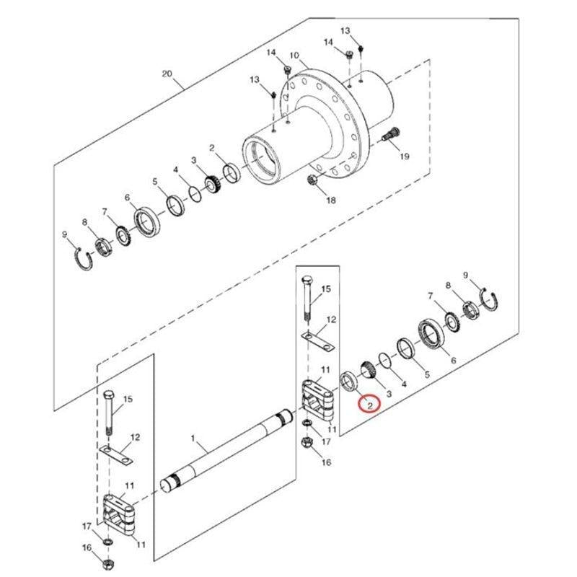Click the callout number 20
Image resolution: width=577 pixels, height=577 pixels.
click(167, 74)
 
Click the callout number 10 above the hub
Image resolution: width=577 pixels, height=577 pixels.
click(294, 56)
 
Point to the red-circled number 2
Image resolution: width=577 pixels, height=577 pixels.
click(370, 406)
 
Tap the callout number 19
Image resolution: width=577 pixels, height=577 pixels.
click(404, 157)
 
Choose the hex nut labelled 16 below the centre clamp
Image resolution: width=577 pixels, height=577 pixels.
click(306, 443)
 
